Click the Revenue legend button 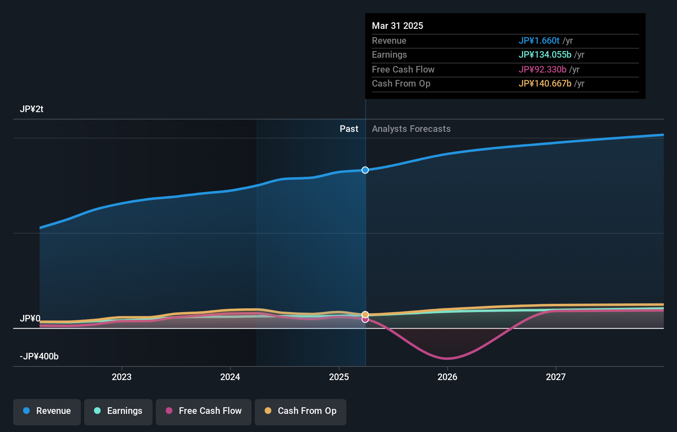coord(47,411)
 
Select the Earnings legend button coord(118,411)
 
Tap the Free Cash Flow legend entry coord(204,411)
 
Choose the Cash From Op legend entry coord(301,411)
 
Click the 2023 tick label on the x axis coord(122,377)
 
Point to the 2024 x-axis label coord(230,377)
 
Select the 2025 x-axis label coord(339,377)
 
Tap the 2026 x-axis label coord(447,377)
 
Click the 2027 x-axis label coord(556,377)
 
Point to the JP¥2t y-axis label coord(32,109)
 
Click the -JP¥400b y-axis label coord(39,357)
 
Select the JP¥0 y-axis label coord(30,319)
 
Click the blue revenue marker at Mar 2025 coord(365,170)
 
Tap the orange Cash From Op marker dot coord(365,315)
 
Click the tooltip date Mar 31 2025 coord(397,26)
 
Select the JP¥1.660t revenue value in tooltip coord(539,41)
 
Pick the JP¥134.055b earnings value coord(545,55)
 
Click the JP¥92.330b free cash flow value coord(542,70)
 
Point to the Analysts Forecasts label coord(411,129)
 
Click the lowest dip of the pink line coord(447,358)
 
